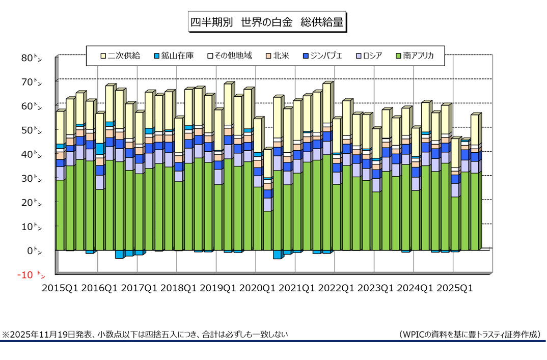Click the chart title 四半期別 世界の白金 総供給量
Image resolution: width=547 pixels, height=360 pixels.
pyautogui.click(x=267, y=22)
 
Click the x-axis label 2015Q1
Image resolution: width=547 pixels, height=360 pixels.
pyautogui.click(x=60, y=288)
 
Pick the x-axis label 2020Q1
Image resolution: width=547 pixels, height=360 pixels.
pyautogui.click(x=258, y=288)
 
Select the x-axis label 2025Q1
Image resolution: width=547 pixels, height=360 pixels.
pyautogui.click(x=455, y=288)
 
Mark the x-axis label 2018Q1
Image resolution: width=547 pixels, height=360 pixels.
pyautogui.click(x=179, y=288)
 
